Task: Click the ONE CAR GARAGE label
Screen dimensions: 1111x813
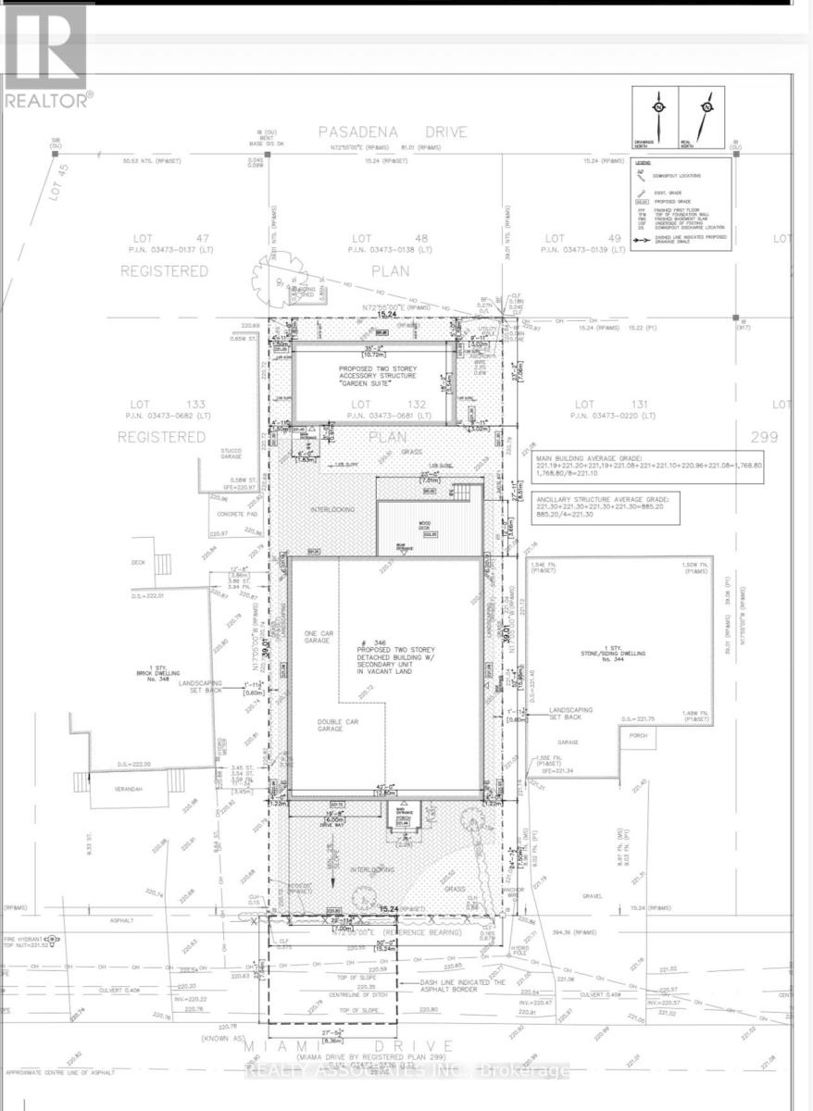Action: tap(318, 638)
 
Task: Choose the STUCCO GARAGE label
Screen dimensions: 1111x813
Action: tap(231, 454)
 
